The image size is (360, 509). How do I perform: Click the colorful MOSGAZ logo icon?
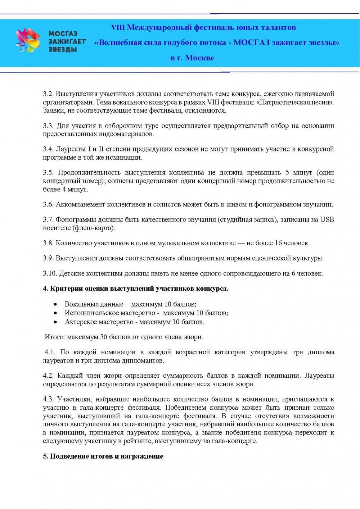(x=28, y=41)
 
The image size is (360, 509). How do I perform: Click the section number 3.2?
(x=48, y=94)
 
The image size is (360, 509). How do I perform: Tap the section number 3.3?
(x=48, y=126)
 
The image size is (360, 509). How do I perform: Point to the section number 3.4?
(x=48, y=149)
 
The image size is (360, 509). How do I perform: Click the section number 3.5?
(x=48, y=173)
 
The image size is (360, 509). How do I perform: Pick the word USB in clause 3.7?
(x=327, y=219)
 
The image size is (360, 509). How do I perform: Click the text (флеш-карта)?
(x=94, y=228)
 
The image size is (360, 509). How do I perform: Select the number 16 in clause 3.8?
(x=278, y=243)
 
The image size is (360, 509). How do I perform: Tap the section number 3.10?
(x=50, y=273)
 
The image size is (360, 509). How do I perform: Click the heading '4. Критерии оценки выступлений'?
(x=135, y=288)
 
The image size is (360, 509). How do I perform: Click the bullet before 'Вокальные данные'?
(x=55, y=304)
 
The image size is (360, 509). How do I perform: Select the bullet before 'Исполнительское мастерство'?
(x=55, y=313)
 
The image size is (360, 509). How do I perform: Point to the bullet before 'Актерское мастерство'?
(x=55, y=322)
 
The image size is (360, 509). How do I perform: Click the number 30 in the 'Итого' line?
(x=103, y=337)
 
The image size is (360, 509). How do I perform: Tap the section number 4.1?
(x=50, y=352)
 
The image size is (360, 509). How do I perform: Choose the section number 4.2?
(x=48, y=376)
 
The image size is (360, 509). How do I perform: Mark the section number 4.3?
(x=48, y=399)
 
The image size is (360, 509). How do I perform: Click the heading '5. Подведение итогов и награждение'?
(x=103, y=456)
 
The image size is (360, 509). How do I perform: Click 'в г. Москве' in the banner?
(x=192, y=58)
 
